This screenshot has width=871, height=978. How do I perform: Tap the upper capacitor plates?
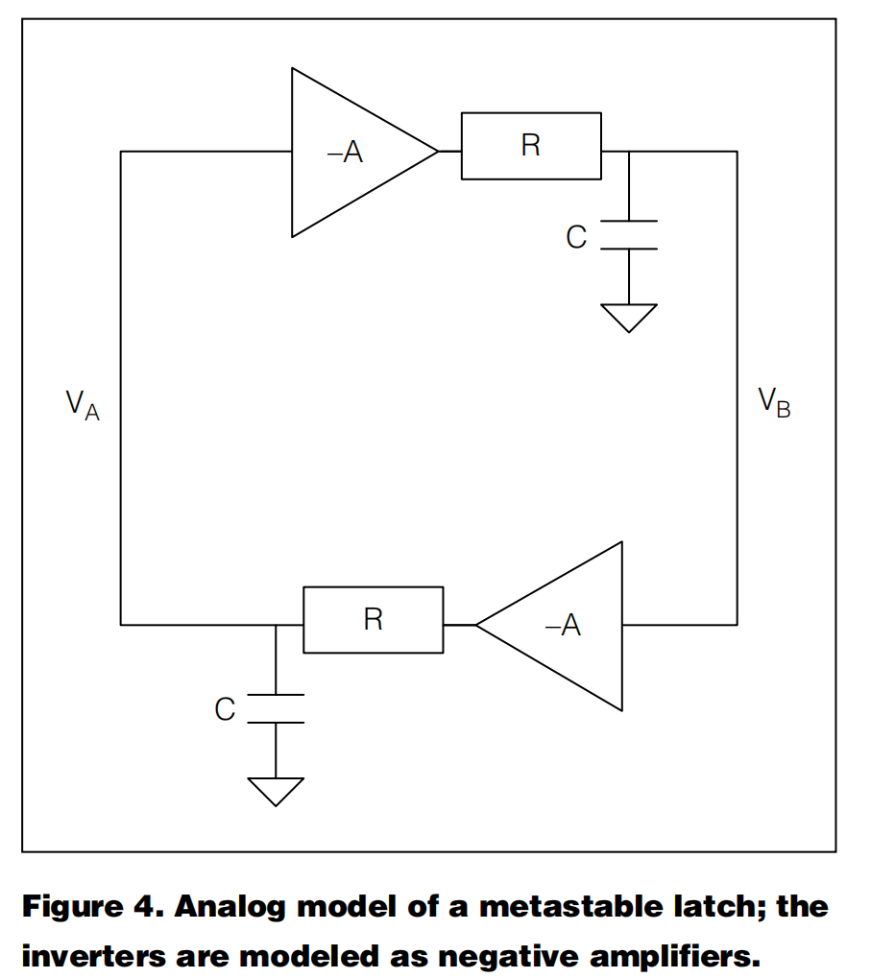click(x=629, y=234)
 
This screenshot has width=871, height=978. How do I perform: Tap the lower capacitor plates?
click(x=276, y=708)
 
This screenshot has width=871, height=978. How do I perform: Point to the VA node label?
click(x=83, y=405)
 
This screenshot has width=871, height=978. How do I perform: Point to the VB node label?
click(x=774, y=402)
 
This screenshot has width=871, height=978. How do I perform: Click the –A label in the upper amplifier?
click(x=345, y=152)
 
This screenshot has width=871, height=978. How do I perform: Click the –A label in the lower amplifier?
click(x=563, y=625)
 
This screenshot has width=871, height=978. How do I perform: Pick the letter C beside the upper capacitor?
click(x=576, y=237)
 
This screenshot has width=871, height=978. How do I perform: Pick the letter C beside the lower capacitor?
click(x=226, y=709)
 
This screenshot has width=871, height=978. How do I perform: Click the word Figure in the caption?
click(x=72, y=908)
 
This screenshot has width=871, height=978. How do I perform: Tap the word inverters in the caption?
click(x=93, y=956)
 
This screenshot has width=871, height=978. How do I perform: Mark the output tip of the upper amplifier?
click(x=439, y=151)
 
